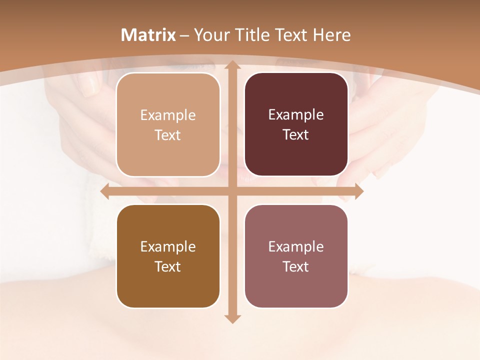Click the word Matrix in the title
point(148,35)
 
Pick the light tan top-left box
point(168,124)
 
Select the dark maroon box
point(296,124)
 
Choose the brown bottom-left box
point(168,256)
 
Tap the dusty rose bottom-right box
point(296,256)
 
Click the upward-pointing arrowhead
point(232,65)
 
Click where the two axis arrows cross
point(232,191)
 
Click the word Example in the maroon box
point(296,114)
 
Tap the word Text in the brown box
point(168,266)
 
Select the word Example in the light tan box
point(168,115)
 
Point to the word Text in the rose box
point(296,266)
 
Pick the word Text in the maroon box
point(296,134)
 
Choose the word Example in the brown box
point(168,246)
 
